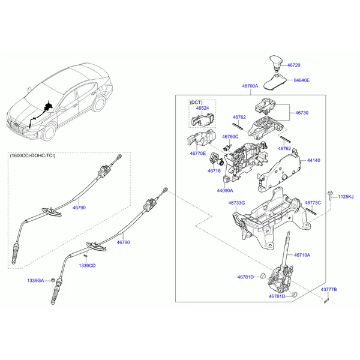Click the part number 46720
(x=293, y=64)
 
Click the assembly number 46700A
(x=250, y=86)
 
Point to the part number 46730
(x=302, y=112)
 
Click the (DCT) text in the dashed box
(x=196, y=102)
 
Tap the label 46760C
(x=229, y=136)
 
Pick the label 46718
(x=214, y=170)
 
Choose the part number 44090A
(x=225, y=191)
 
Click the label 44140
(x=314, y=161)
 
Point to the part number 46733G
(x=236, y=203)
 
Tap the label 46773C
(x=313, y=203)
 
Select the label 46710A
(x=302, y=255)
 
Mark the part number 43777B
(x=329, y=290)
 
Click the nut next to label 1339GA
(x=53, y=280)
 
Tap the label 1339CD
(x=87, y=265)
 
